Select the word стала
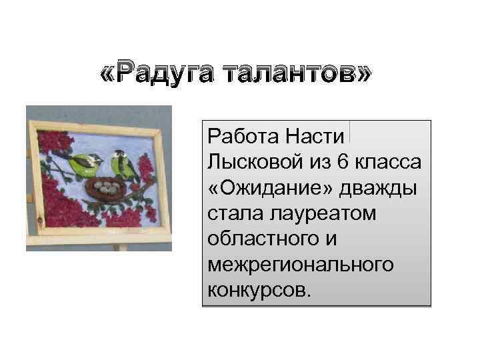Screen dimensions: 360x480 click(230, 213)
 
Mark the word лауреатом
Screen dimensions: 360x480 click(319, 213)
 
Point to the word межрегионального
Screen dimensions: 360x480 click(301, 264)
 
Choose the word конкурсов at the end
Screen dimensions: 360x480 click(257, 289)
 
